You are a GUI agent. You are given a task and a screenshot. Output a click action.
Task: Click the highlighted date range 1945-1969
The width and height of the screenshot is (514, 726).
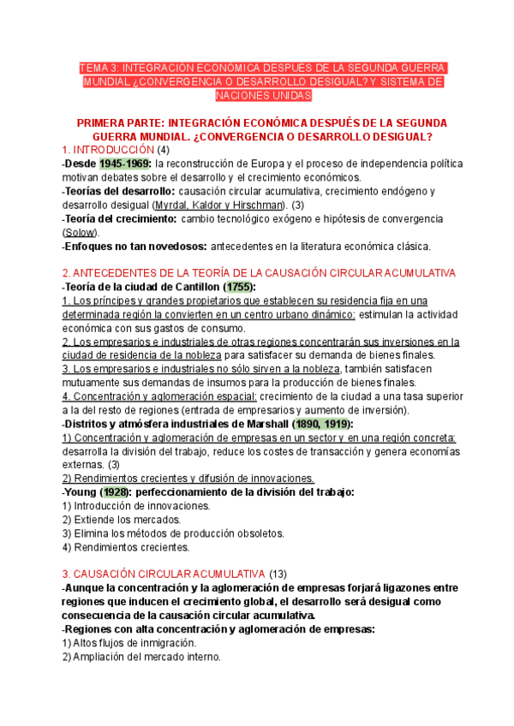[x=125, y=164]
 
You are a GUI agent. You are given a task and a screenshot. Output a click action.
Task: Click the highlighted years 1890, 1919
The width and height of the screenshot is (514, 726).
[x=320, y=424]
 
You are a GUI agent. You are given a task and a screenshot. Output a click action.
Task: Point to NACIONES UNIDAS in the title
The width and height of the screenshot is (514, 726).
[x=255, y=96]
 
